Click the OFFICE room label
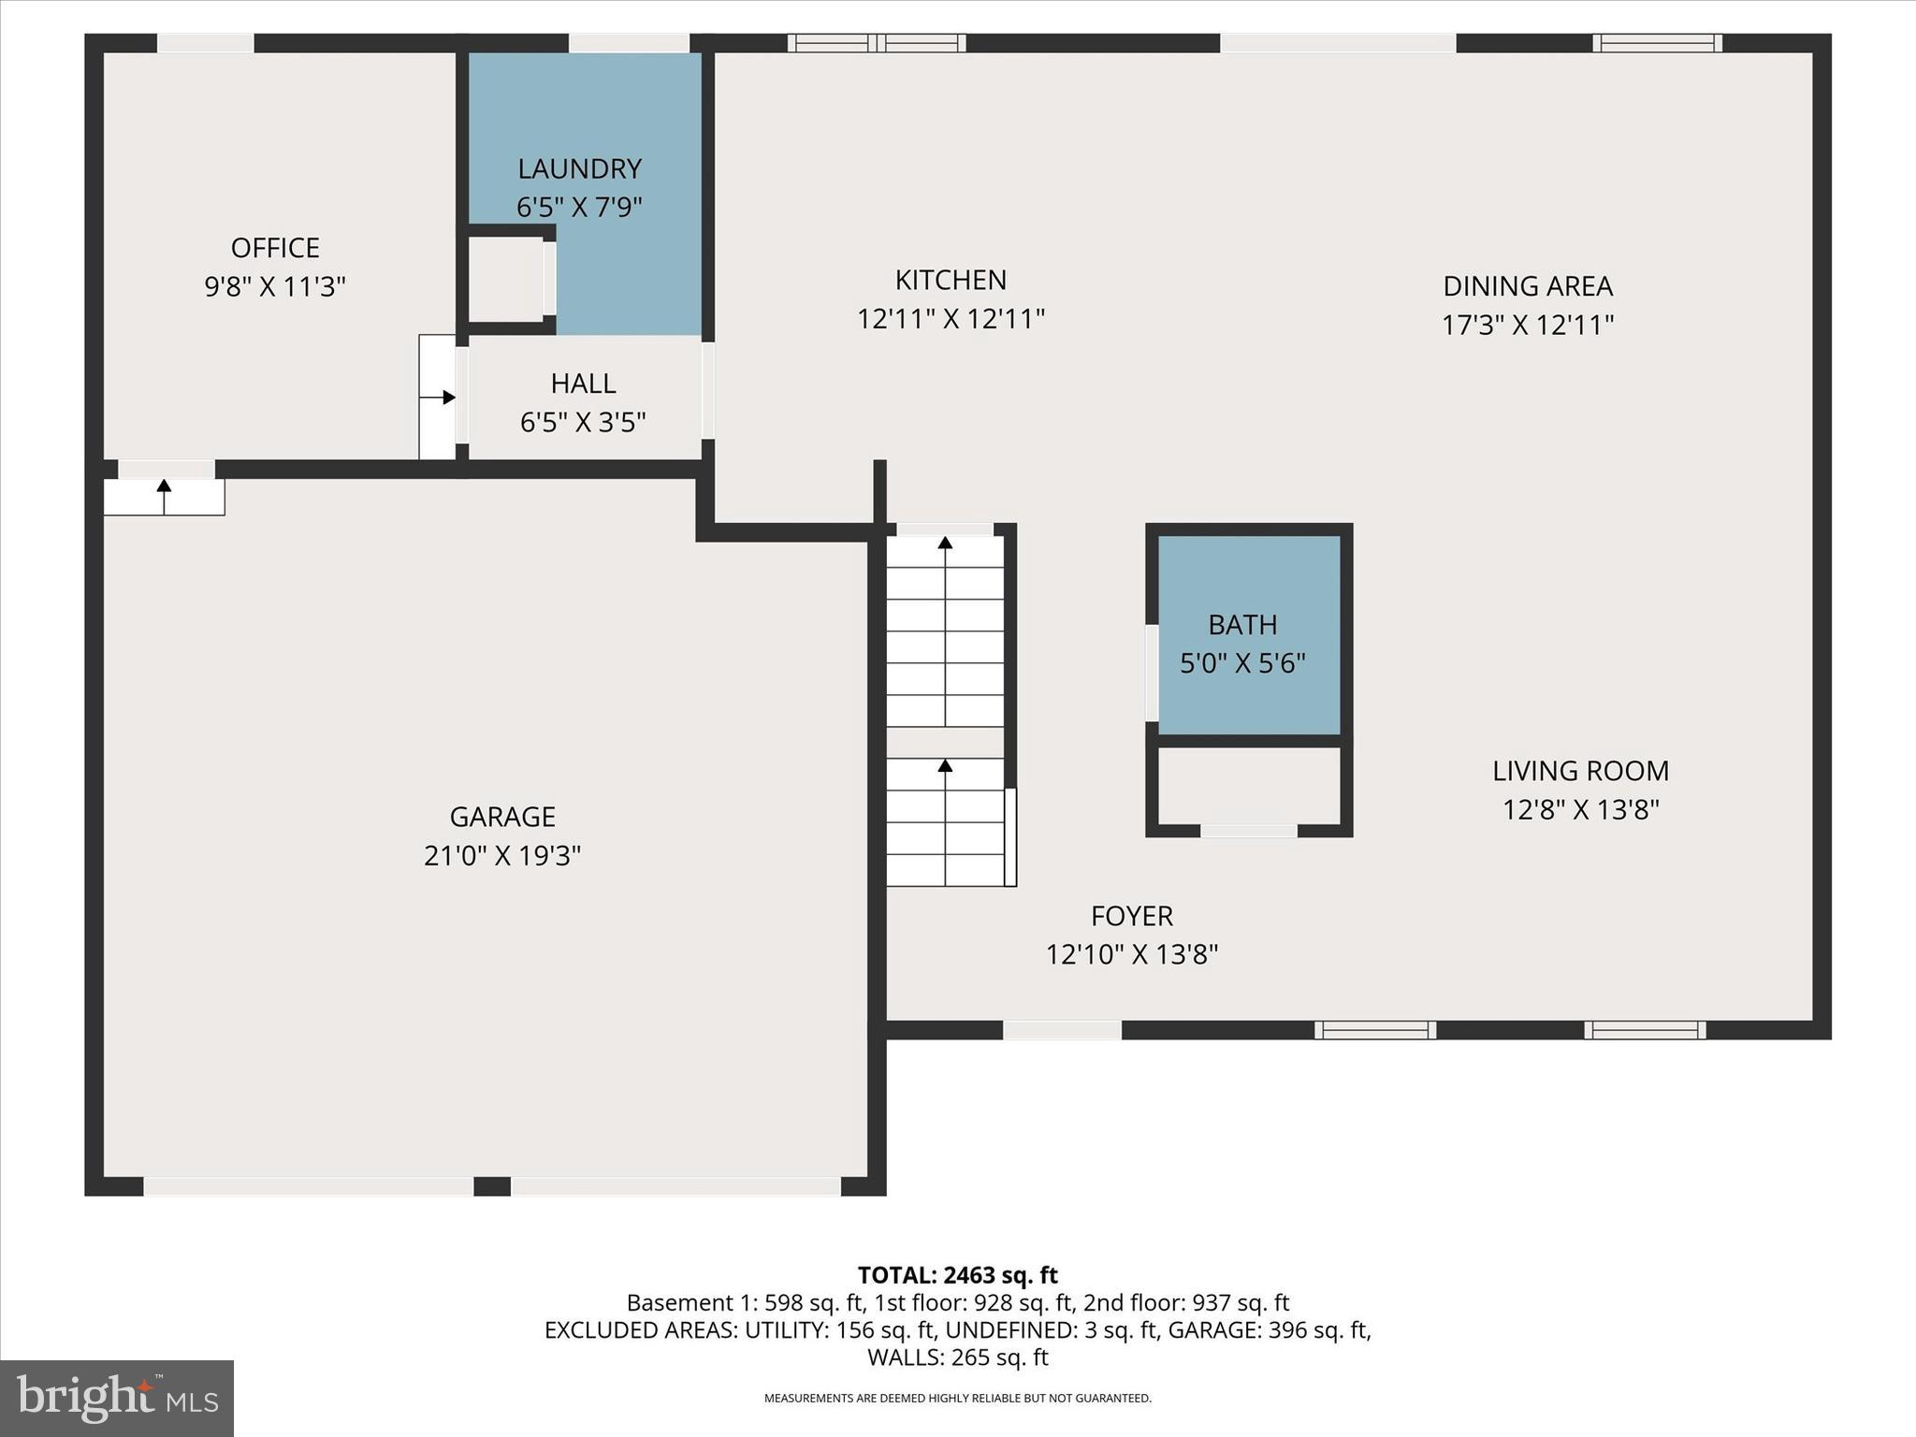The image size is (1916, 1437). pos(275,248)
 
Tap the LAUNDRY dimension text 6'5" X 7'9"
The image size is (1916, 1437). pos(579,207)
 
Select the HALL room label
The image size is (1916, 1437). pos(583,384)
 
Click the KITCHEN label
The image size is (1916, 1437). pos(951,280)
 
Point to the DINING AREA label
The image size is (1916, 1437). pos(1527,285)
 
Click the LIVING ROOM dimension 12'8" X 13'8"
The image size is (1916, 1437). pos(1580,809)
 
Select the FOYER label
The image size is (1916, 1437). pos(1131,915)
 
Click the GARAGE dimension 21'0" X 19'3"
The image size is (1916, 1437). pos(502,855)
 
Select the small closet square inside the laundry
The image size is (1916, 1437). pos(504,279)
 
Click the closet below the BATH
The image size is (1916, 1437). pos(1248,786)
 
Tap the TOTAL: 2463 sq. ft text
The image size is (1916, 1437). pos(957,1275)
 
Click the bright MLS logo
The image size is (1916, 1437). pos(116,1398)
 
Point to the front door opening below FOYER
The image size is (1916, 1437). pos(1062,1030)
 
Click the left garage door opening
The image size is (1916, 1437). pos(308,1186)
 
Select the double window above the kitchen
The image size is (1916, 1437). pos(877,43)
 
